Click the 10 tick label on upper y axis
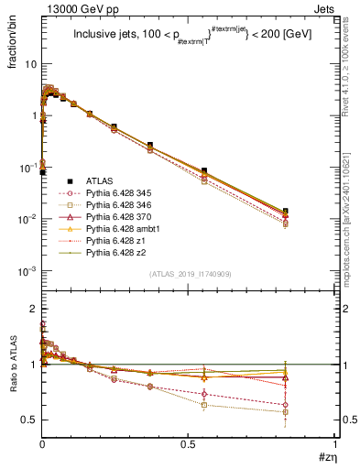coord(30,65)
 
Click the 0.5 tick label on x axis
coord(188,443)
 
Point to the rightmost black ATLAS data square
coord(311,212)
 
